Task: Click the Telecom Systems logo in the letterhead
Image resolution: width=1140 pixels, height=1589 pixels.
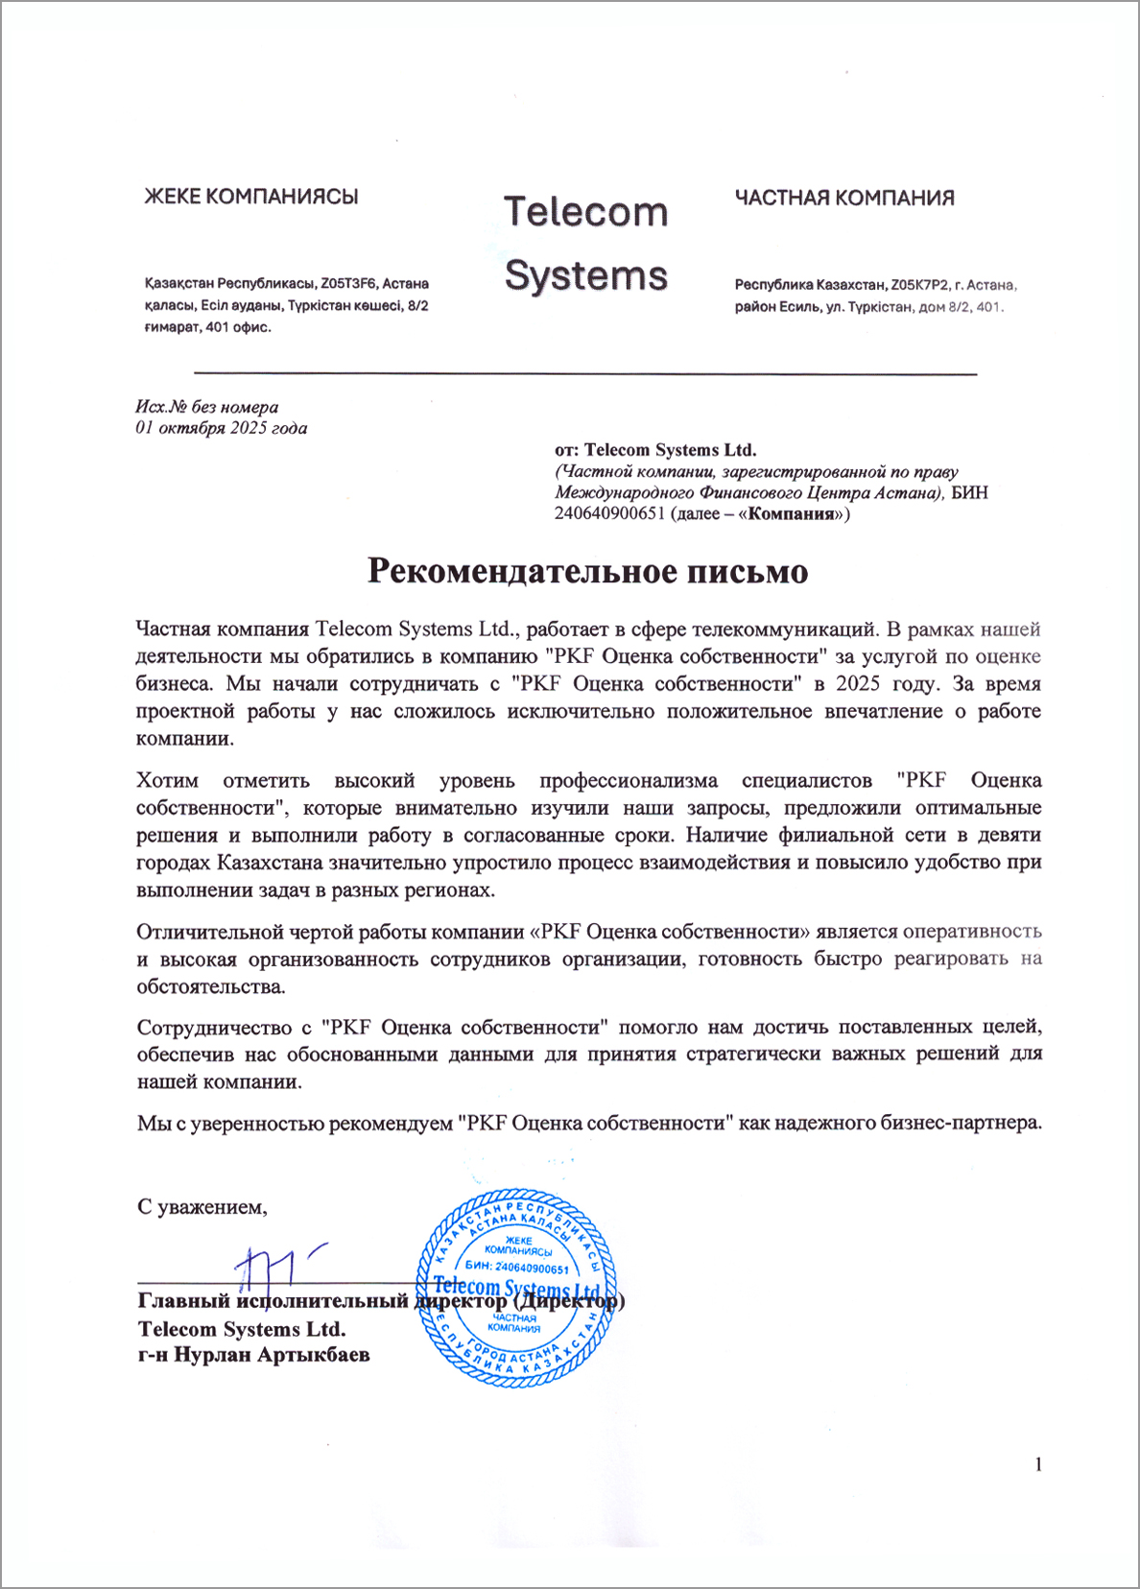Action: (585, 244)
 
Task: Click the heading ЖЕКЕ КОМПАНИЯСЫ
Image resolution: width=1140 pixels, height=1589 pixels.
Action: (250, 197)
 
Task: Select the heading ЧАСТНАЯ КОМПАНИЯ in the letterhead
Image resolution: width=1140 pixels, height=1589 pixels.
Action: (844, 198)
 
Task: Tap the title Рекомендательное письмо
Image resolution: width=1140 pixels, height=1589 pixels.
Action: (587, 571)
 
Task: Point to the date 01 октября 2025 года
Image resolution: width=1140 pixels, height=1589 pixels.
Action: (222, 428)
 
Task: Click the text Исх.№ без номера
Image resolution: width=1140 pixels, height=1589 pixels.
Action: (207, 407)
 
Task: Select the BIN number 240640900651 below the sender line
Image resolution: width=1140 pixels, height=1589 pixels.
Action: (609, 513)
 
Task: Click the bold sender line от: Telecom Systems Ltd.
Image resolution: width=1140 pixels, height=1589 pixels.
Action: (655, 449)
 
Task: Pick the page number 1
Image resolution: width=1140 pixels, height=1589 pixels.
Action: (1037, 1463)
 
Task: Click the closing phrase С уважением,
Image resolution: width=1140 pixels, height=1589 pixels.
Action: (202, 1207)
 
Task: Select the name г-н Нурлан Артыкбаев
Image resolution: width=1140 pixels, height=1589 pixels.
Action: (254, 1355)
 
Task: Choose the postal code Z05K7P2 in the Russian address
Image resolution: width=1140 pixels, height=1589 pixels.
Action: (919, 285)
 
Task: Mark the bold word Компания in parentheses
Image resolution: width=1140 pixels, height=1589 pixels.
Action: (791, 513)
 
